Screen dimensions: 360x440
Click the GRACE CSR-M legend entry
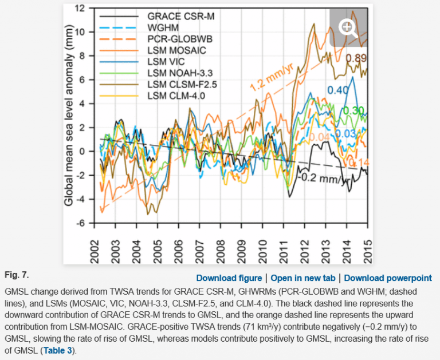click(177, 17)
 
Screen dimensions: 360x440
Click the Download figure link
click(229, 278)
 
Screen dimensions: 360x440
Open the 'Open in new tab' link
click(303, 278)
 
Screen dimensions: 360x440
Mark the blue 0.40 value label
click(338, 90)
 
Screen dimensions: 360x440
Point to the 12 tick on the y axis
click(80, 8)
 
